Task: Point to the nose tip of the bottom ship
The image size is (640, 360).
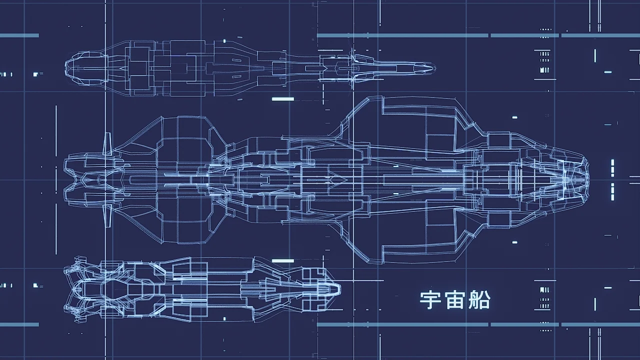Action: [x=339, y=288]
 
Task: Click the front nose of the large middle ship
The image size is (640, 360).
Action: [x=586, y=178]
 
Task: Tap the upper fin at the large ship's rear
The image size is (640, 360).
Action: [x=106, y=144]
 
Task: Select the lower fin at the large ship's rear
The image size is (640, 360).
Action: [x=106, y=215]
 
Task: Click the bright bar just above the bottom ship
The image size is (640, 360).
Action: [x=283, y=260]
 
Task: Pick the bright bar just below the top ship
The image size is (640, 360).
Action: [x=283, y=99]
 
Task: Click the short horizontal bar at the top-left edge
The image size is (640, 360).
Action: [x=19, y=35]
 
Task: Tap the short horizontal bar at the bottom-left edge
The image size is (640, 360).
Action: [x=19, y=324]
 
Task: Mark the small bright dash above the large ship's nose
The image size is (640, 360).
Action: [x=514, y=117]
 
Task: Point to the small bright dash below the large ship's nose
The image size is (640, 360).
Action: [x=514, y=242]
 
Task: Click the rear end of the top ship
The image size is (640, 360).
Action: [x=70, y=69]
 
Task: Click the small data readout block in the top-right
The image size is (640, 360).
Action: [x=542, y=60]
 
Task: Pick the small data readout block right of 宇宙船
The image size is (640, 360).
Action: [x=542, y=297]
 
